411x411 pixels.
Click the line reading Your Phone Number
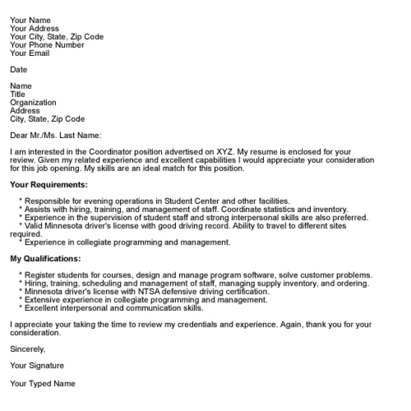47,45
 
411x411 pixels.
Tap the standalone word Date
19,69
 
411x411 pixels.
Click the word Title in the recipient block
17,94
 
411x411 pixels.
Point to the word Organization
33,103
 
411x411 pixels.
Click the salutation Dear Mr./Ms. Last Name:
56,136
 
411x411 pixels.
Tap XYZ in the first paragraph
222,152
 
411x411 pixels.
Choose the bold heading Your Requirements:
49,185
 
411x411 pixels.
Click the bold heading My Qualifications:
46,259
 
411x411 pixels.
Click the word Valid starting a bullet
35,226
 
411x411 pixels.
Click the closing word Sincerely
28,349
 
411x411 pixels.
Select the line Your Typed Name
42,383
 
